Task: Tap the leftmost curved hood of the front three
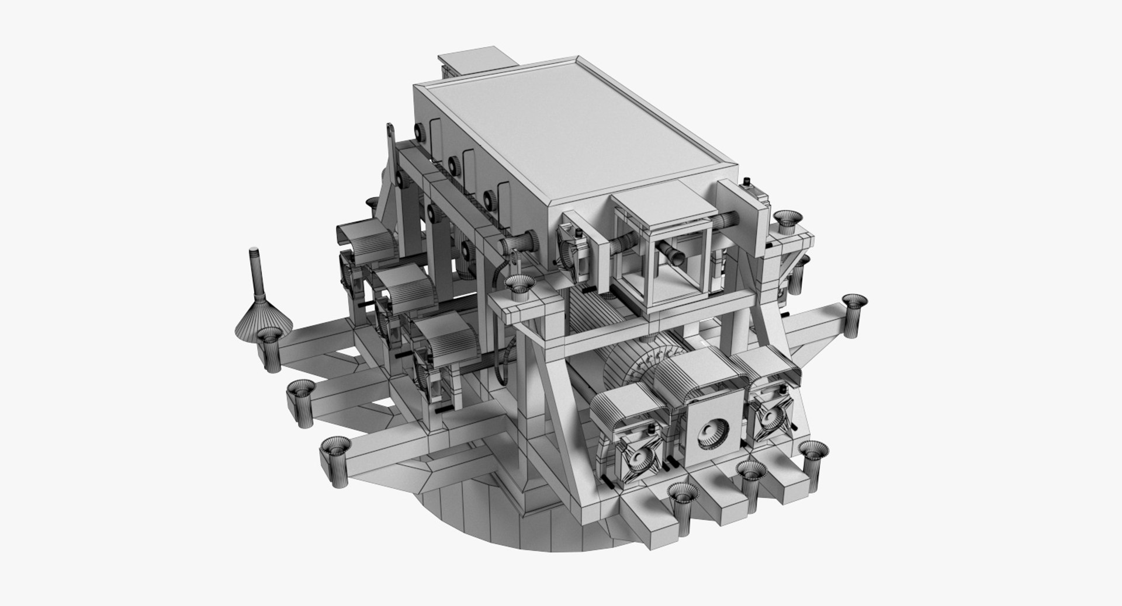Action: click(625, 409)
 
